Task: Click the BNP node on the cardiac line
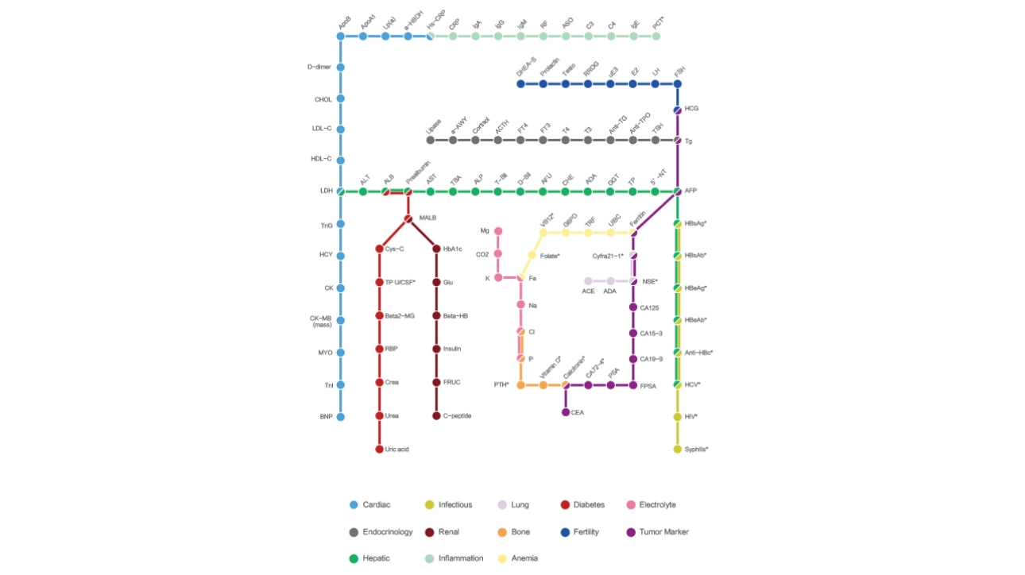click(340, 416)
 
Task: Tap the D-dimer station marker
click(340, 67)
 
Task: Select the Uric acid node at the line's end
click(379, 450)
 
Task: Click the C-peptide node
click(436, 415)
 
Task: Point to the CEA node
click(566, 412)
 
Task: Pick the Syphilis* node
click(678, 450)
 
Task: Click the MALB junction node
click(408, 218)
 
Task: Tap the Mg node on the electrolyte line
click(498, 231)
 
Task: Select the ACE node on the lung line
click(588, 281)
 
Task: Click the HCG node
click(678, 110)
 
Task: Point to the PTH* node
click(520, 385)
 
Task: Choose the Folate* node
click(532, 255)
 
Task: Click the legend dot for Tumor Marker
click(630, 532)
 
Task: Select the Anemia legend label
click(524, 558)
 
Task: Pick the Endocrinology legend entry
click(381, 532)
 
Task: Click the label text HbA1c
click(454, 249)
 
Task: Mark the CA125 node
click(633, 307)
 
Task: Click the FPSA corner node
click(633, 385)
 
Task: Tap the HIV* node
click(678, 416)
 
